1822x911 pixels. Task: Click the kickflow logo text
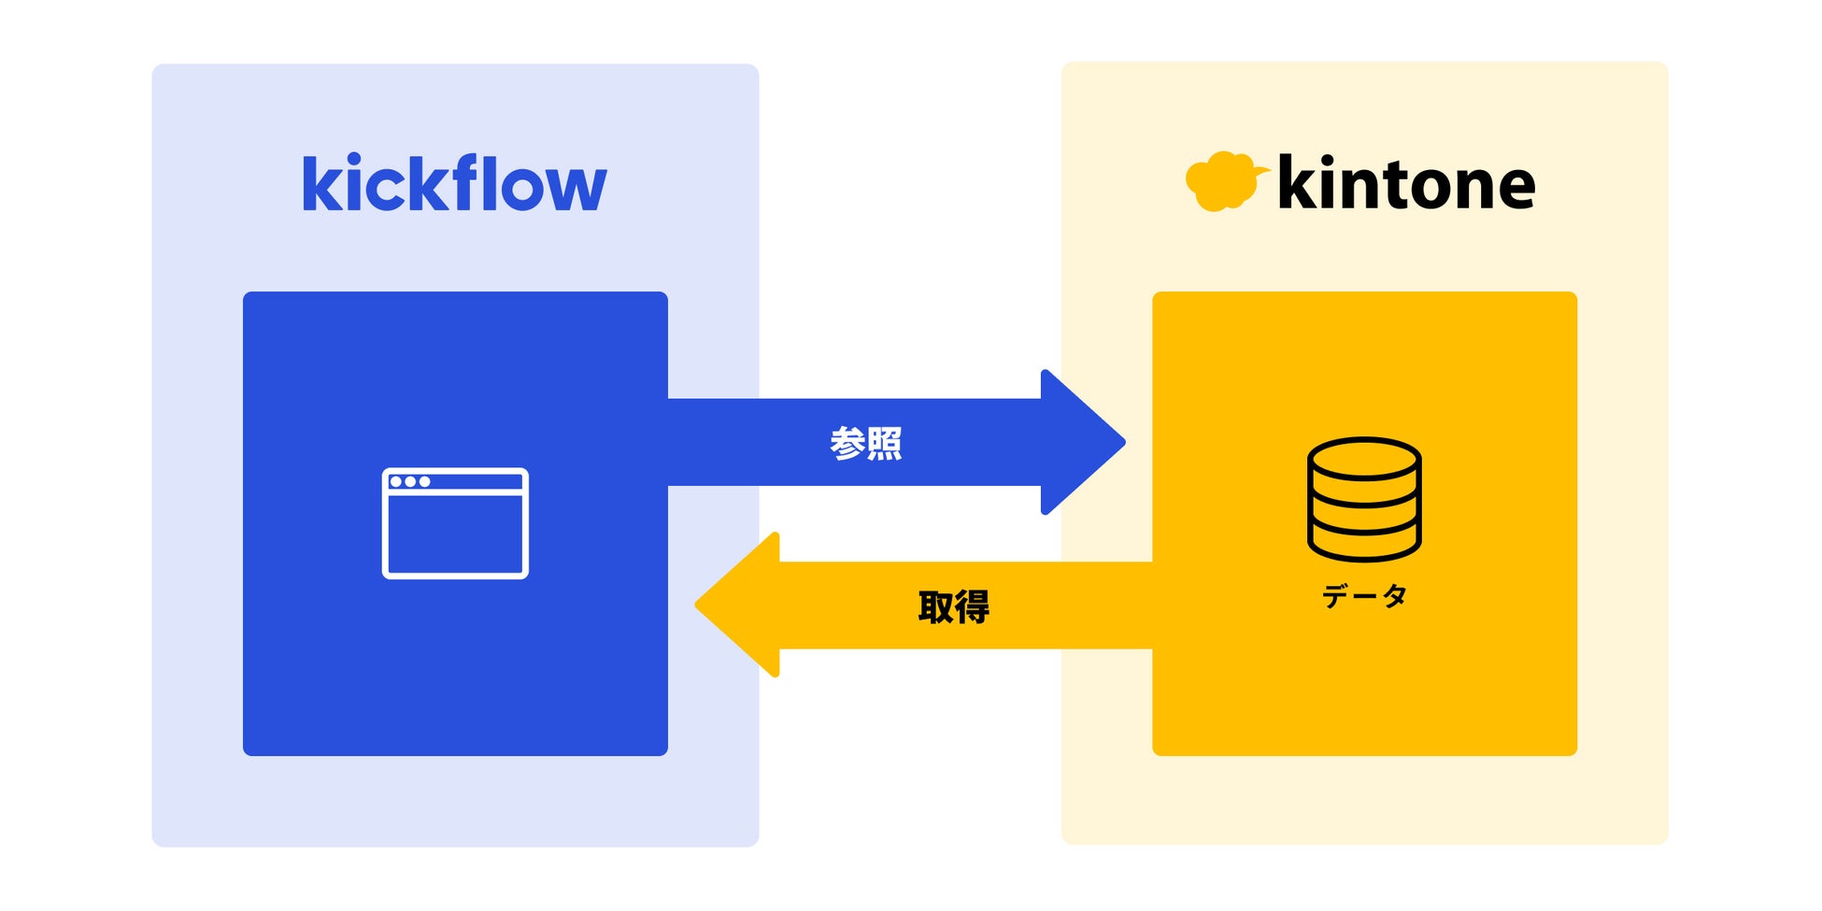tap(454, 184)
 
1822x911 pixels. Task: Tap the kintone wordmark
tap(1405, 184)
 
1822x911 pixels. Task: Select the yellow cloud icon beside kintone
tap(1223, 181)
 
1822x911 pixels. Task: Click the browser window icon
tap(455, 523)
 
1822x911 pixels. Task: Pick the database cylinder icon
tap(1364, 499)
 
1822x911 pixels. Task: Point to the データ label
tap(1364, 595)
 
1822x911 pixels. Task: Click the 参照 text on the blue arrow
tap(866, 443)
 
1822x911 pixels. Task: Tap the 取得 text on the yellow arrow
tap(953, 606)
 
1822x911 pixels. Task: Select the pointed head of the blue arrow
tap(1084, 442)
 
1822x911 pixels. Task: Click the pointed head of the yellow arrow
tap(738, 605)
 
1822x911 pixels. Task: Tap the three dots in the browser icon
tap(410, 481)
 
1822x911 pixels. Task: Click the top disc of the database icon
tap(1364, 458)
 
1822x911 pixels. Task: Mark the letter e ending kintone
tap(1513, 187)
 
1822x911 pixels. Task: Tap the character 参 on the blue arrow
tap(847, 443)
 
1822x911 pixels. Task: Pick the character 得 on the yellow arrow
tap(972, 606)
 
